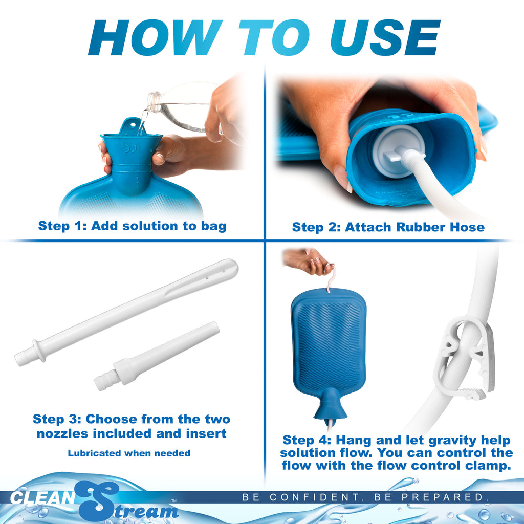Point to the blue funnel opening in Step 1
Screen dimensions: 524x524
click(132, 139)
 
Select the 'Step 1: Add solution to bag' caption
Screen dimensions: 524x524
click(132, 226)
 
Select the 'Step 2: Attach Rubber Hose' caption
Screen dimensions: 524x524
click(388, 227)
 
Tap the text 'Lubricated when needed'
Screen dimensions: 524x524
click(129, 453)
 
